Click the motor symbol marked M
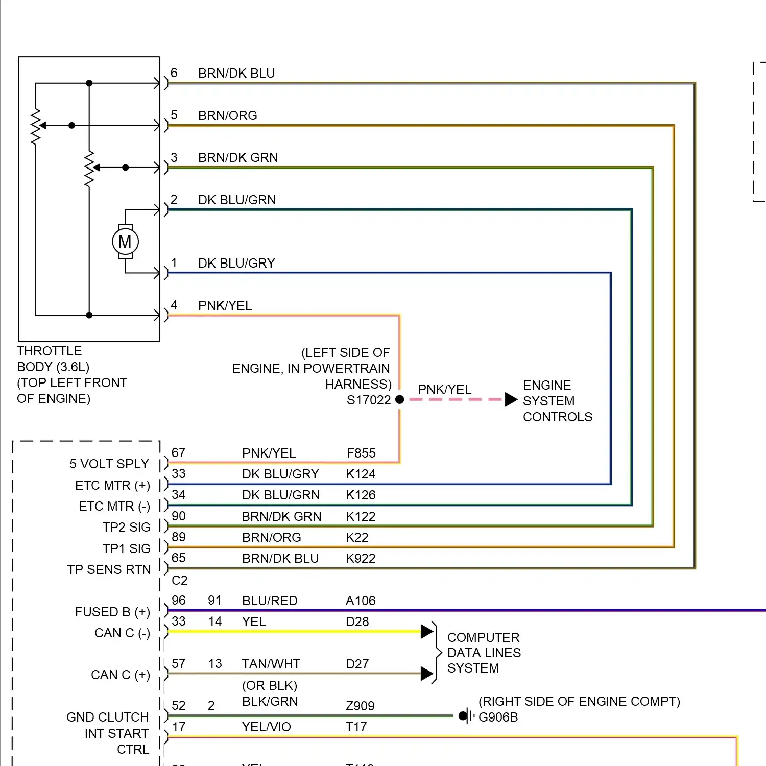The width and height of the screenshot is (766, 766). (x=125, y=242)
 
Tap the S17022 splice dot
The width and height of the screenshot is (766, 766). (x=400, y=399)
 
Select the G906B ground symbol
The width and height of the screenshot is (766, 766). (x=465, y=716)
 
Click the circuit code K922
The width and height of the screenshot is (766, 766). (x=361, y=558)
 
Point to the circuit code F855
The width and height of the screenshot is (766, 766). (x=361, y=453)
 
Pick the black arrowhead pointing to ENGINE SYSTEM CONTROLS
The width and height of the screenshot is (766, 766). (x=511, y=399)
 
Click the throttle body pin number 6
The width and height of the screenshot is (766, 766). (x=174, y=73)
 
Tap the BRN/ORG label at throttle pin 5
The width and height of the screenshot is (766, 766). (x=228, y=116)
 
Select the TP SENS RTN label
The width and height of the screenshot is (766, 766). (x=109, y=569)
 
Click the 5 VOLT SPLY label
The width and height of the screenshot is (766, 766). (x=109, y=464)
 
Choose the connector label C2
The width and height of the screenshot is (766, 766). (x=180, y=580)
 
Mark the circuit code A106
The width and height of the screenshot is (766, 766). (x=361, y=601)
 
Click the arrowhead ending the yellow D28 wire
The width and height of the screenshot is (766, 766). (x=427, y=632)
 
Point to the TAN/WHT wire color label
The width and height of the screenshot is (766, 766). (x=271, y=664)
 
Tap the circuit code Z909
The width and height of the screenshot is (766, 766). (x=360, y=706)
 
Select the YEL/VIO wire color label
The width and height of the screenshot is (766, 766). (x=267, y=727)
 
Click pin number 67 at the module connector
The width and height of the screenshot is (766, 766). (x=179, y=452)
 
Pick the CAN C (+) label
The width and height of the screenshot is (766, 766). (x=121, y=675)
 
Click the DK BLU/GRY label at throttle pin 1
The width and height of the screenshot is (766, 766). (x=236, y=263)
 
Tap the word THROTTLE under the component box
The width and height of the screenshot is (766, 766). (x=50, y=351)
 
